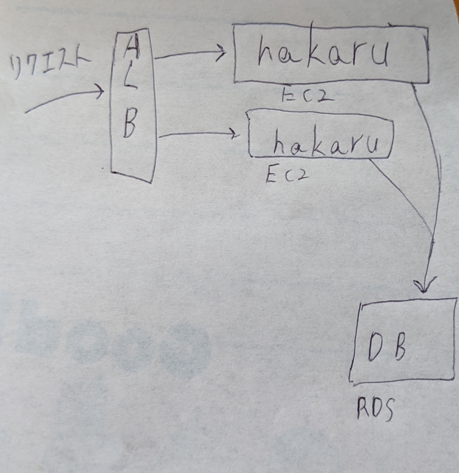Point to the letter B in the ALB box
pyautogui.click(x=130, y=124)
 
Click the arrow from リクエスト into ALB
pyautogui.click(x=65, y=98)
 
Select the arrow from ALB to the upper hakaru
pyautogui.click(x=189, y=54)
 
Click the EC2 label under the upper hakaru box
pyautogui.click(x=308, y=95)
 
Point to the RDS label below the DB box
pyautogui.click(x=375, y=410)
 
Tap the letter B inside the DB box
pyautogui.click(x=399, y=348)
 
